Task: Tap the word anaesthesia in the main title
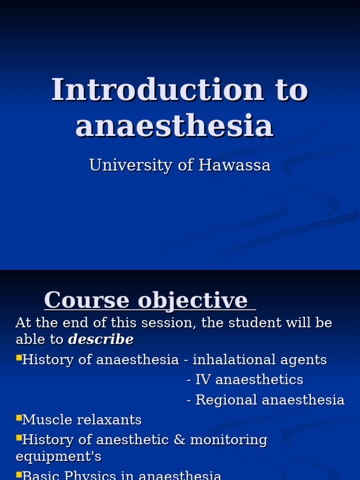coord(174,126)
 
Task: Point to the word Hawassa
coord(234,165)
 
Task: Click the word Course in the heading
coord(87,300)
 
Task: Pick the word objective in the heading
coord(192,300)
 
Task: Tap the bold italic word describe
coord(101,339)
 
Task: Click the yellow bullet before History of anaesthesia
coord(19,358)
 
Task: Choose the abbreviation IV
coord(202,380)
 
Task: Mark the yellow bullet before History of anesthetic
coord(19,438)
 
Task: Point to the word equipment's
coord(59,457)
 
